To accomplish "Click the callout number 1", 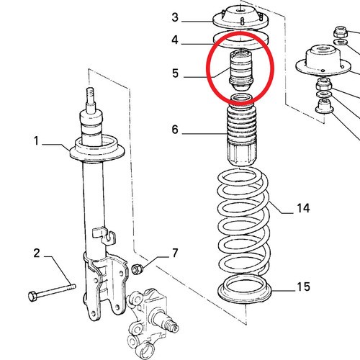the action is (x=36, y=141).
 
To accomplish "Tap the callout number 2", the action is (x=37, y=253).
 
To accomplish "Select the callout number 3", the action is (x=175, y=17).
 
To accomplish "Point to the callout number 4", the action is (x=175, y=40).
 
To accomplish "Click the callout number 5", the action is (x=175, y=73).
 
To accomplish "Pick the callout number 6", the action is (x=175, y=130).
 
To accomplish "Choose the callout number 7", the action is (x=175, y=253).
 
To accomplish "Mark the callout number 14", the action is (x=303, y=208).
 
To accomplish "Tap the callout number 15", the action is (x=303, y=287).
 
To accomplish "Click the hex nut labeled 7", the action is (x=138, y=269).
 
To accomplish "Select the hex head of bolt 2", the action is (x=32, y=296).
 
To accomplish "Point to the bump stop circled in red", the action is (x=240, y=71).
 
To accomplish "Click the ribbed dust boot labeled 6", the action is (x=242, y=135).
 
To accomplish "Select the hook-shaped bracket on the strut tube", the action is (x=103, y=235).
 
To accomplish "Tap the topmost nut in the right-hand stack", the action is (x=341, y=32).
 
